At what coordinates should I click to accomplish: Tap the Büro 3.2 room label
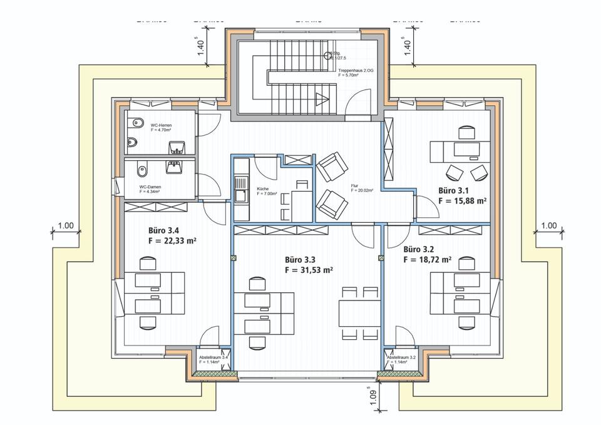click(419, 248)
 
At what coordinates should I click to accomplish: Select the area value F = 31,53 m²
click(308, 271)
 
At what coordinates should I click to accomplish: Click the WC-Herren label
click(161, 125)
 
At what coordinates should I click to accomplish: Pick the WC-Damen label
click(150, 187)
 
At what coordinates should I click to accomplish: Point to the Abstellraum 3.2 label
click(401, 357)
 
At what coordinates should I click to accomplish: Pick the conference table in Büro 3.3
click(359, 312)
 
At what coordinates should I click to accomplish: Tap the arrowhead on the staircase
click(323, 98)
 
